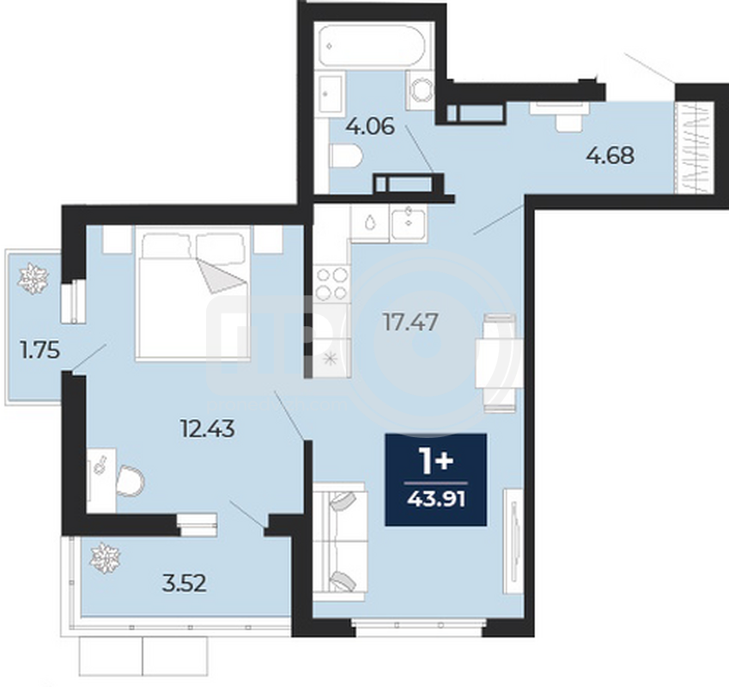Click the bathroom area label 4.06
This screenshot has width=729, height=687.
(371, 126)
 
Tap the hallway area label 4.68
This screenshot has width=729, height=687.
(610, 155)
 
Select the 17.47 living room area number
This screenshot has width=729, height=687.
(410, 322)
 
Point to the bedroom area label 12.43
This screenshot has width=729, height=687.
(207, 429)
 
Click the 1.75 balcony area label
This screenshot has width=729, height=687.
(40, 350)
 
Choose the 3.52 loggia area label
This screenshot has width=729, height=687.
(184, 584)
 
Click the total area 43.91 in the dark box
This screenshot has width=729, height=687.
(436, 500)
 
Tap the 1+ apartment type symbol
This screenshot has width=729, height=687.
(436, 461)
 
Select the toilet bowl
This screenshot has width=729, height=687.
(346, 155)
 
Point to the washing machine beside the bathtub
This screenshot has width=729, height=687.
(419, 90)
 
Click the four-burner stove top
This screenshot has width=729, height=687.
(331, 283)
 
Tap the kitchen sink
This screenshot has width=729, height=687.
(408, 223)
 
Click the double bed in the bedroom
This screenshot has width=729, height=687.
(193, 293)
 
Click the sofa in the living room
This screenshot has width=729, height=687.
(340, 542)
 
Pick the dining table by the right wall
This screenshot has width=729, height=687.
(500, 363)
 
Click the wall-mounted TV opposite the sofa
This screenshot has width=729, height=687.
(513, 540)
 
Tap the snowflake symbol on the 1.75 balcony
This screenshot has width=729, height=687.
(33, 279)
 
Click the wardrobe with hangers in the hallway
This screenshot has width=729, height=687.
(694, 148)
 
